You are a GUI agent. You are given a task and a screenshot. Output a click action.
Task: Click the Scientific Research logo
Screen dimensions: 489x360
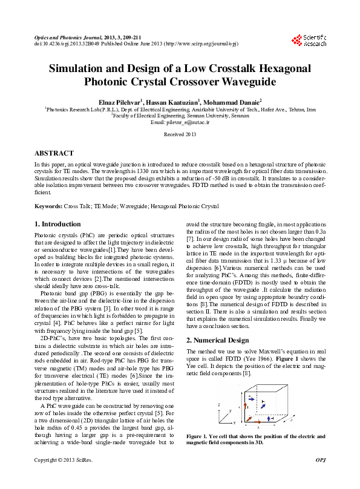click(x=309, y=41)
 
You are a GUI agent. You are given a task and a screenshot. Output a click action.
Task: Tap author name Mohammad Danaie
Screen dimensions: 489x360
click(x=231, y=101)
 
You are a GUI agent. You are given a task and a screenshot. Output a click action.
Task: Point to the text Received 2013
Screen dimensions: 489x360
click(x=180, y=134)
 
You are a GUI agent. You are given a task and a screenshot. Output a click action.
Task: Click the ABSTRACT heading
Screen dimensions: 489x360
click(x=54, y=154)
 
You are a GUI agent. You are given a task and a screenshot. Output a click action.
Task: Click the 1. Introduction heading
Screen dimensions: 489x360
click(x=57, y=225)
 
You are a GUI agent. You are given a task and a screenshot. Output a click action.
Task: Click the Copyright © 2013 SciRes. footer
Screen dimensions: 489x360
click(x=63, y=478)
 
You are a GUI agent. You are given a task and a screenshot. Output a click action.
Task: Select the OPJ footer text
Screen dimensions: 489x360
click(x=321, y=478)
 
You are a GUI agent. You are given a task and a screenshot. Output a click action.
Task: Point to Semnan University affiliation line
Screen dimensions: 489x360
click(x=180, y=116)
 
